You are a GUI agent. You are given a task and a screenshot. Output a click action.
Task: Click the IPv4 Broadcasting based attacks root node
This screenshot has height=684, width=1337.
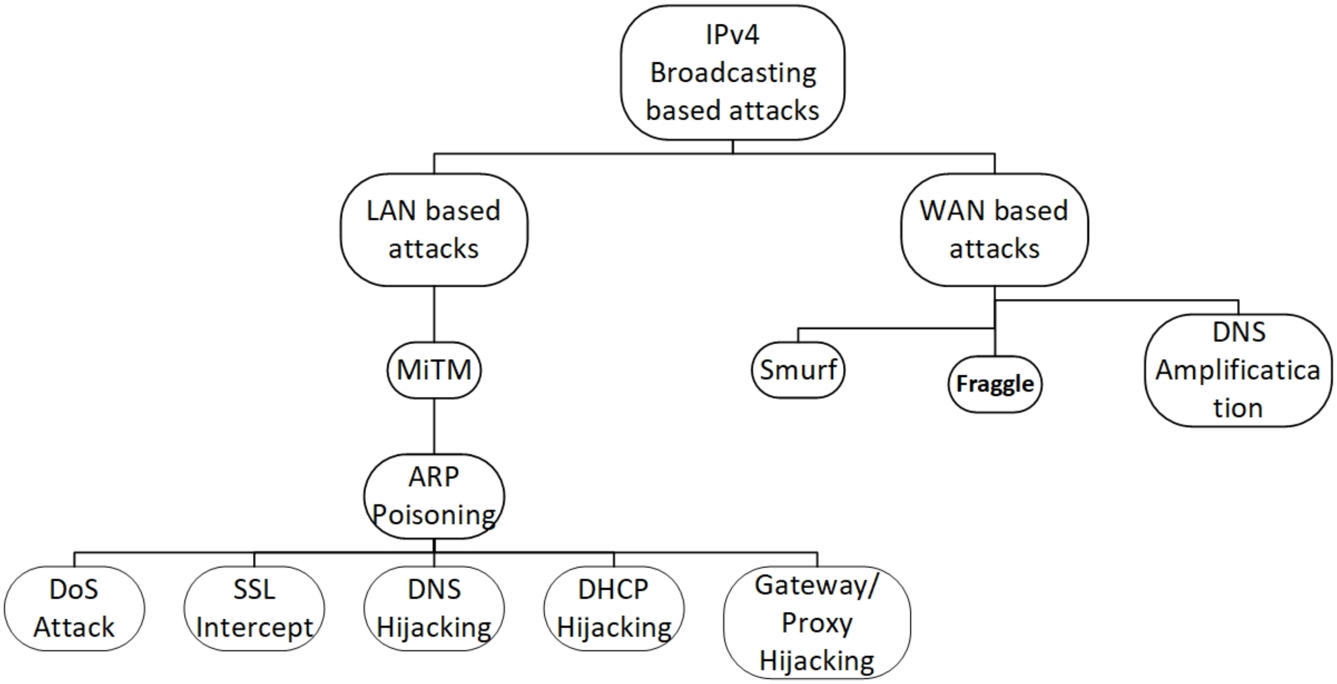[x=732, y=73]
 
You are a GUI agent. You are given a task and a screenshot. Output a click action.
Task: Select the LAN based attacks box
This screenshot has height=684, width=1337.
[x=434, y=230]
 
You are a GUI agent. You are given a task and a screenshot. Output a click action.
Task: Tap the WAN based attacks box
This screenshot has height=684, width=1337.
[x=994, y=230]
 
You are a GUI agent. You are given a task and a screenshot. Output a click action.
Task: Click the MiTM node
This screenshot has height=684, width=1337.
[x=434, y=370]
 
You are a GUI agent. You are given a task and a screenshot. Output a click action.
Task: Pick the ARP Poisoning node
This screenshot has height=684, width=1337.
[x=434, y=496]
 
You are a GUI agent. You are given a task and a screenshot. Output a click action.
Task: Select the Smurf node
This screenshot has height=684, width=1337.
[x=798, y=370]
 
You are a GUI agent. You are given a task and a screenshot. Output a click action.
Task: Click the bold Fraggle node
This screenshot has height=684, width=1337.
[x=994, y=384]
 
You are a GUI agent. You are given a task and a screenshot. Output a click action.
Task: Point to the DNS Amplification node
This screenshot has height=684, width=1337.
[x=1238, y=370]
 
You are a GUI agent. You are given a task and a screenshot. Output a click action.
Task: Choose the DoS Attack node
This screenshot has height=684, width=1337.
[x=74, y=608]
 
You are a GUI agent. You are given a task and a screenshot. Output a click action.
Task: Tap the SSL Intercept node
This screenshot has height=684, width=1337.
[x=254, y=608]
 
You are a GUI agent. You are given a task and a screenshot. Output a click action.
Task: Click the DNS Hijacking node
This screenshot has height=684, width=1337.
[x=434, y=608]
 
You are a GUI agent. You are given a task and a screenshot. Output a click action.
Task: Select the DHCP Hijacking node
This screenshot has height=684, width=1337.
[x=614, y=608]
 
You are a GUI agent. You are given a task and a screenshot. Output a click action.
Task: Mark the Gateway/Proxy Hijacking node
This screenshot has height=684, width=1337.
[x=817, y=622]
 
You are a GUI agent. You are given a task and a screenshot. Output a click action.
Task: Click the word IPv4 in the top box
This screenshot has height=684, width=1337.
[x=732, y=35]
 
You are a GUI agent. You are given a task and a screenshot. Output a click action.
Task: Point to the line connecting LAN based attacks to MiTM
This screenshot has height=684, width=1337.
[x=434, y=314]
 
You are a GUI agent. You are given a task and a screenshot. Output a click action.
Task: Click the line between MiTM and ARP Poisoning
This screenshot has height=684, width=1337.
[x=434, y=426]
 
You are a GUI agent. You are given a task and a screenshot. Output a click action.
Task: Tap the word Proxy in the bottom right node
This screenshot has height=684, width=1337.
[x=817, y=623]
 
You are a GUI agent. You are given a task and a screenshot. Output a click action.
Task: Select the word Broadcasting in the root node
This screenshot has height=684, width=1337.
[x=733, y=73]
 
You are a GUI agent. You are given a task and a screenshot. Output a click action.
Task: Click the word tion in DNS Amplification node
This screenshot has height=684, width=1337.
[x=1238, y=408]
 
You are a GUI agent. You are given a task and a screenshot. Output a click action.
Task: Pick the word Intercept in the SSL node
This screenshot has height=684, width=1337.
[x=254, y=628]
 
